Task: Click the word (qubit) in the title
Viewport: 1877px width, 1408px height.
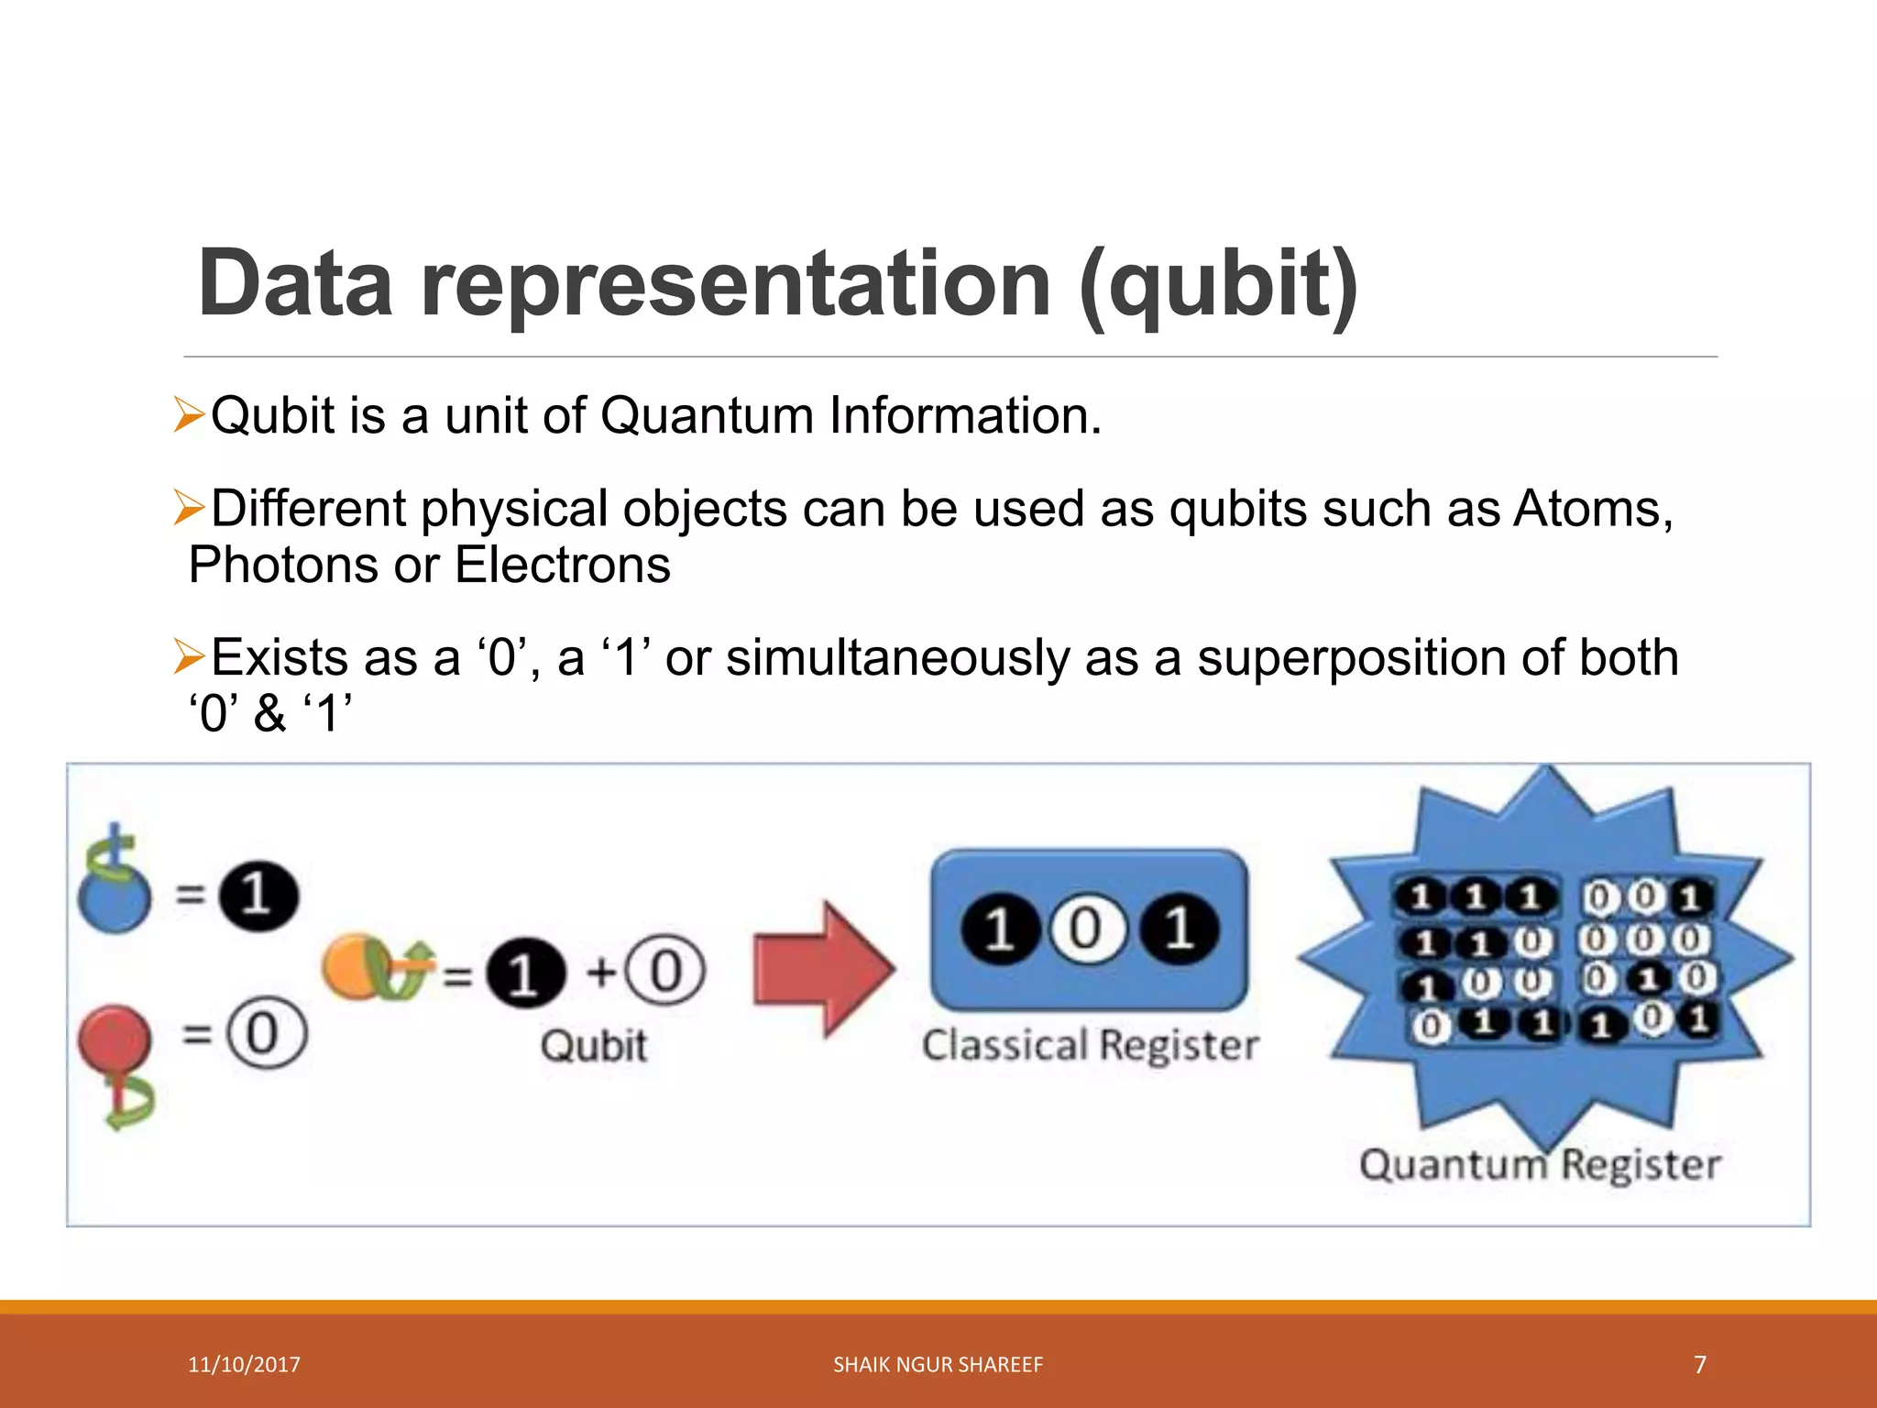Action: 1218,286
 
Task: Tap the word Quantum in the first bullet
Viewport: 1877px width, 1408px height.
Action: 707,415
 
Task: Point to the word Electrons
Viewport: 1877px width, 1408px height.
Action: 563,565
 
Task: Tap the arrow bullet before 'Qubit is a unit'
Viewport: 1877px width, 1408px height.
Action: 188,415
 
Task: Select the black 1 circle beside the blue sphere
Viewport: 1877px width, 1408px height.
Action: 258,896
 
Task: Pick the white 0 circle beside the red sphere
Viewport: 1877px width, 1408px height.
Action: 266,1033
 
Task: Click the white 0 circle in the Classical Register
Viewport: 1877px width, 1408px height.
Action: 1088,930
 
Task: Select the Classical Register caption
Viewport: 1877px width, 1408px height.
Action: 1090,1046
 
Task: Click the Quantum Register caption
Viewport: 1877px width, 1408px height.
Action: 1539,1165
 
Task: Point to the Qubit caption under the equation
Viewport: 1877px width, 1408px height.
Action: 593,1046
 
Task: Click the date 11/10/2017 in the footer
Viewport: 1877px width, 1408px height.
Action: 244,1365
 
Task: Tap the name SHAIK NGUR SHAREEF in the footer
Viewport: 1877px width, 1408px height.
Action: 938,1365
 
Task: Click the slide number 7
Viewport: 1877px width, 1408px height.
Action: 1699,1365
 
